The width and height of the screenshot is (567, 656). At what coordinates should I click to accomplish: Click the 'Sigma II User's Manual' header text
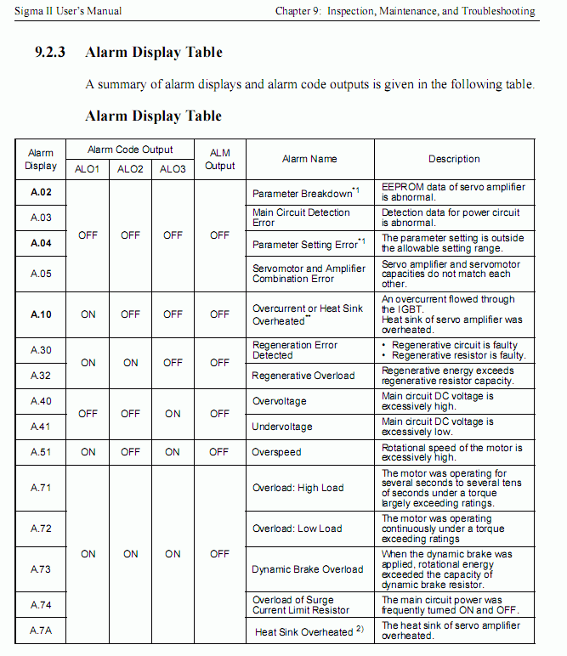coord(63,11)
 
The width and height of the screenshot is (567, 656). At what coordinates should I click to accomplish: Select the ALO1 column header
coord(88,169)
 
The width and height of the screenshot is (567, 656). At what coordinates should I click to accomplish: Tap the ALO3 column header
coord(173,169)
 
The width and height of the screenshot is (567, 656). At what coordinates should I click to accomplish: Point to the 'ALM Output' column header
coord(219,159)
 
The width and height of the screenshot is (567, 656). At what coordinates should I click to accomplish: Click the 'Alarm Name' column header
coord(309,159)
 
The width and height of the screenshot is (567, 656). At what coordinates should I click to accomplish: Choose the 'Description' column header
coord(454,159)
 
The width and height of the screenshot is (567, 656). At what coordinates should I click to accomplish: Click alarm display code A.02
coord(41,193)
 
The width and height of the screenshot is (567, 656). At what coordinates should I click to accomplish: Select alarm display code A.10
coord(41,314)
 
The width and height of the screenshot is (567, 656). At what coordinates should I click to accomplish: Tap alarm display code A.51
coord(41,452)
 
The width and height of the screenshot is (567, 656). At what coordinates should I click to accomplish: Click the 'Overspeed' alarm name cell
coord(276,452)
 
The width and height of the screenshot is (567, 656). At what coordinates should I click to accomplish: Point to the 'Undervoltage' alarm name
coord(282,427)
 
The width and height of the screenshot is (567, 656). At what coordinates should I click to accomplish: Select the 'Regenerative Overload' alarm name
coord(303,376)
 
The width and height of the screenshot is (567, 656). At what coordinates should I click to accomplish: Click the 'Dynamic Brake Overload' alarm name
coord(308,569)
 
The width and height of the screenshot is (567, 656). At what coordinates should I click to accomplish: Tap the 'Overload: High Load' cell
coord(298,488)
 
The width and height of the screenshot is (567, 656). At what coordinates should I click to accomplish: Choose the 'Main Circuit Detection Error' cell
coord(302,218)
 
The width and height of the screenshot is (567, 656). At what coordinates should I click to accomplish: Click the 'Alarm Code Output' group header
coord(130,150)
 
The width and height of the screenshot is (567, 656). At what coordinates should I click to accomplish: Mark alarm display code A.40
coord(41,401)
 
